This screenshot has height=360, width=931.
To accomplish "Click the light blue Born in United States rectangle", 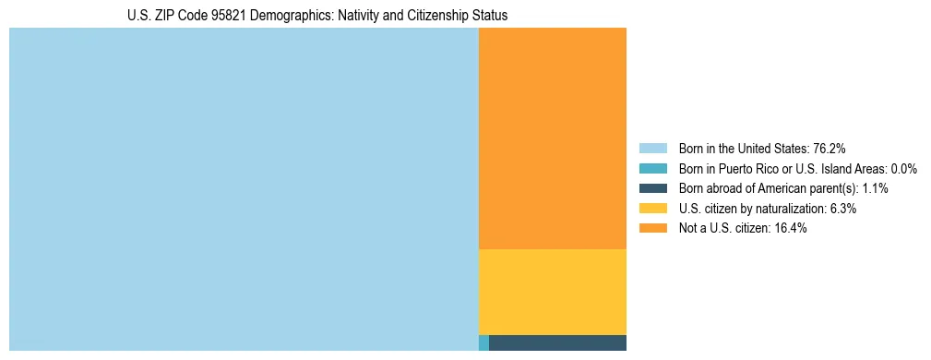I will (244, 189).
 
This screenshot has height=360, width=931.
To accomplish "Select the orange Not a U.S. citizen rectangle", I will (552, 138).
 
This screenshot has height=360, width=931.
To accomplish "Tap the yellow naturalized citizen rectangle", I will (552, 292).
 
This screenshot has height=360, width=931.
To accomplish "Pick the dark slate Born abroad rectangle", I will (557, 342).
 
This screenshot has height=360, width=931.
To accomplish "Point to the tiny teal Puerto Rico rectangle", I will (483, 342).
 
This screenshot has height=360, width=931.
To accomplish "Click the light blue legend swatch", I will (652, 149).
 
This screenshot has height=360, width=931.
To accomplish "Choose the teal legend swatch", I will (652, 169).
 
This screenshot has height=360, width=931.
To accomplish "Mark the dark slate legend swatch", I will (652, 188).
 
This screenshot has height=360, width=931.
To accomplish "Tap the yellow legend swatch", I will (652, 209).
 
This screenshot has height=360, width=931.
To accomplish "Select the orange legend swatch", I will (652, 229).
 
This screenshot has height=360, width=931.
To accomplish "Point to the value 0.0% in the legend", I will (904, 169).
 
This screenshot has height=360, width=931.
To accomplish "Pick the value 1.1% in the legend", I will (875, 188).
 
